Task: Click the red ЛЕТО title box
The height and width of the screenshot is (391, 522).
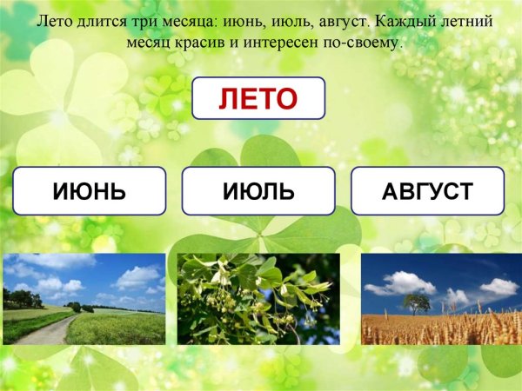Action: [258, 97]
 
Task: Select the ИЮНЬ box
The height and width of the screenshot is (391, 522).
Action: [90, 190]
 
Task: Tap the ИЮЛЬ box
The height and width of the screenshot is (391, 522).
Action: [258, 190]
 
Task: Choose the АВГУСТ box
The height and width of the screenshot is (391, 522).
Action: [427, 190]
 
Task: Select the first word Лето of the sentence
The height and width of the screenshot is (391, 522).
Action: [52, 19]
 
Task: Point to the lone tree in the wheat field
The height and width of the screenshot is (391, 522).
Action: [418, 302]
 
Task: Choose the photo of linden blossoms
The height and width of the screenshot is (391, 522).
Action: [258, 299]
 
